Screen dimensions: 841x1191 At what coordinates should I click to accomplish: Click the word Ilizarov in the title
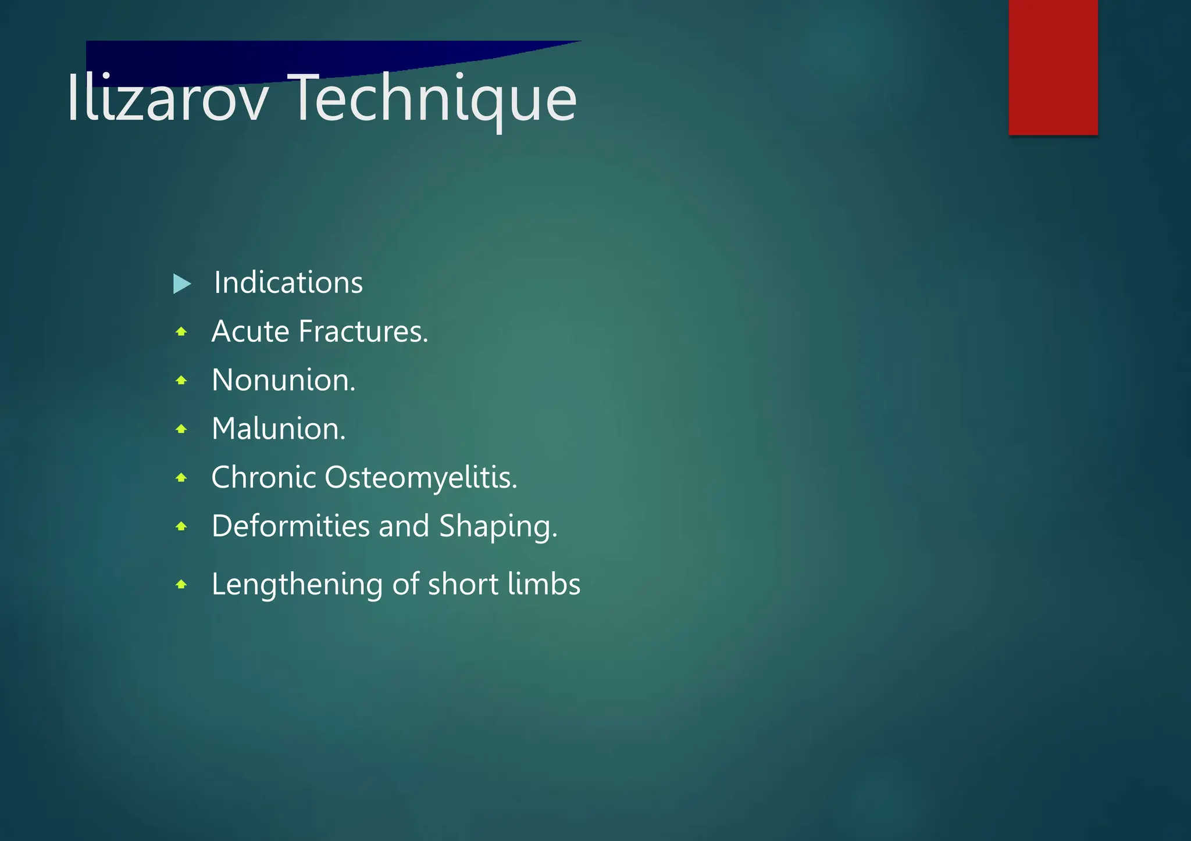tap(167, 99)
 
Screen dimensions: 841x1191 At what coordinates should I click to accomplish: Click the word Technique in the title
tap(434, 99)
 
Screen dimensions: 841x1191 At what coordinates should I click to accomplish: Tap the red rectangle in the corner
tap(1053, 67)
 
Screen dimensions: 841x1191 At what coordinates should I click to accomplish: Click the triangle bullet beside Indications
tap(181, 284)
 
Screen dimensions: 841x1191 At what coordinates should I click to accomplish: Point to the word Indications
tap(288, 283)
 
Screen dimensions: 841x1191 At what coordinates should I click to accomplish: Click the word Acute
tap(250, 331)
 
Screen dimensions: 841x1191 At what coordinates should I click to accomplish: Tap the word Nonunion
tap(283, 380)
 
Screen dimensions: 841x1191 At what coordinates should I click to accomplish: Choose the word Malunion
tap(278, 429)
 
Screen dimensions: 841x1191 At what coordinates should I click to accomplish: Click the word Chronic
tap(263, 477)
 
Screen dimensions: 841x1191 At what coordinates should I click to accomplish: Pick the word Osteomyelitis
tap(420, 478)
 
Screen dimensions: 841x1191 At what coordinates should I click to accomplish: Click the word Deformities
tap(290, 526)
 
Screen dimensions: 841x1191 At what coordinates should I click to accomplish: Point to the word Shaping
tap(497, 527)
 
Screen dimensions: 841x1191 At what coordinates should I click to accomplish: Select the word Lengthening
tap(297, 585)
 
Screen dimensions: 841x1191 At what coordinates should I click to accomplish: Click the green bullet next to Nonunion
tap(181, 381)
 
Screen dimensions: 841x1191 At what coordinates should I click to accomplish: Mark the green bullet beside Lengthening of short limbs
tap(181, 585)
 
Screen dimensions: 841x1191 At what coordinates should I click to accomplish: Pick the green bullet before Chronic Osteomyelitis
tap(181, 478)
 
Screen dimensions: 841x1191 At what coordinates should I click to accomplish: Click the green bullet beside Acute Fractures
tap(181, 332)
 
